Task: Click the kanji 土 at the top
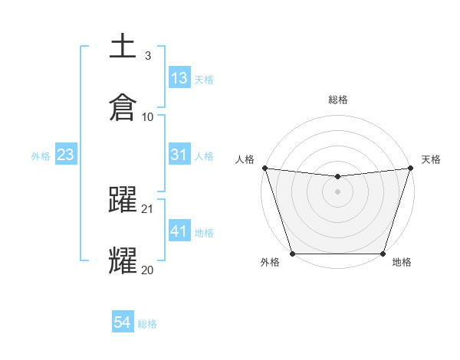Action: click(123, 46)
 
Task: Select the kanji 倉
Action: click(123, 106)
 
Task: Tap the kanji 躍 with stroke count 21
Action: click(123, 199)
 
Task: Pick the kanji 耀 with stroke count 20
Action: click(123, 260)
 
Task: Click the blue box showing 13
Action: click(179, 78)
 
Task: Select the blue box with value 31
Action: click(179, 155)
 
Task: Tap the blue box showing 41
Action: click(179, 231)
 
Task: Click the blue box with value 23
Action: click(66, 155)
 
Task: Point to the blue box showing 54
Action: click(123, 323)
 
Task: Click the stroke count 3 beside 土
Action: click(148, 56)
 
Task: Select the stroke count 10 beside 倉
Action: click(148, 117)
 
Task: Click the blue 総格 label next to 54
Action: click(147, 324)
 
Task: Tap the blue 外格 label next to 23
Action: click(41, 156)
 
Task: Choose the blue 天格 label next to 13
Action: click(204, 79)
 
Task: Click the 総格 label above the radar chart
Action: click(338, 100)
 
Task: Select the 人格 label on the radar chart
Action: click(245, 159)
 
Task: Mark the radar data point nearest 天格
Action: click(410, 168)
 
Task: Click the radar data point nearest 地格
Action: click(383, 254)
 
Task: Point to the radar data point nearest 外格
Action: click(293, 254)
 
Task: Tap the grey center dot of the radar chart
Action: click(337, 191)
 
